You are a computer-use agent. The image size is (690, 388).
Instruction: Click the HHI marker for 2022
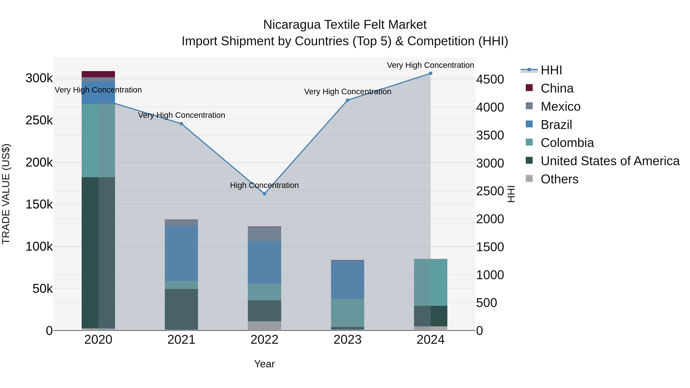(x=264, y=194)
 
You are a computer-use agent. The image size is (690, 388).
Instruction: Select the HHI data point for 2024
(x=430, y=73)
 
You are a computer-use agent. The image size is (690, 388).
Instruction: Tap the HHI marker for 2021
(x=181, y=124)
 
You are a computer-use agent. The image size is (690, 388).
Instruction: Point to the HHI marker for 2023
(x=347, y=100)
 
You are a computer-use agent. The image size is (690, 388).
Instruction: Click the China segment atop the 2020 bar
(x=98, y=74)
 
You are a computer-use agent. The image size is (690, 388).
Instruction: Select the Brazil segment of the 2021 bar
(x=181, y=253)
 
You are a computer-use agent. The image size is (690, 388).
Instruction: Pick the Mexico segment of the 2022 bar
(x=264, y=234)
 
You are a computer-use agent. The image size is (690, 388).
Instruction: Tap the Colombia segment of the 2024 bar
(x=430, y=282)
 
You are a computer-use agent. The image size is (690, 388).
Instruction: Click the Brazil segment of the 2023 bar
(x=347, y=280)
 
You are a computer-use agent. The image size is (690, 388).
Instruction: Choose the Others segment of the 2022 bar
(x=264, y=326)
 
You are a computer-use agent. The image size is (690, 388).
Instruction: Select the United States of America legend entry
(x=610, y=161)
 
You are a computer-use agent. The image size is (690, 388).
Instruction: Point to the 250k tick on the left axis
(x=39, y=120)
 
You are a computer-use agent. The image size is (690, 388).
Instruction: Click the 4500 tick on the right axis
(x=490, y=79)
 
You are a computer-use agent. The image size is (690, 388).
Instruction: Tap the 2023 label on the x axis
(x=347, y=340)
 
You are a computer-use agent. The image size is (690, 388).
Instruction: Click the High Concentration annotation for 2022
(x=264, y=185)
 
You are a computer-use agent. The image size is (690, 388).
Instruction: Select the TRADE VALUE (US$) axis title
(x=6, y=194)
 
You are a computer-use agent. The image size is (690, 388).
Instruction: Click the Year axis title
(x=264, y=364)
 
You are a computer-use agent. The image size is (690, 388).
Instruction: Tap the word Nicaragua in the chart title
(x=292, y=25)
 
